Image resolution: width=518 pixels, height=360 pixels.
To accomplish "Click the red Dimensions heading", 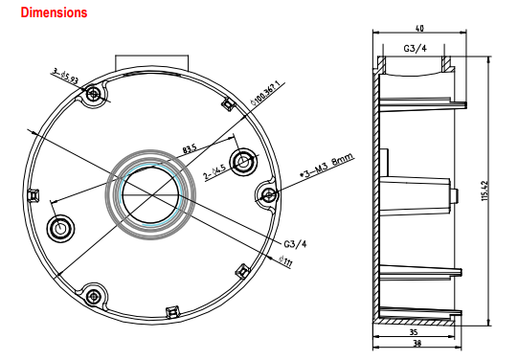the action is [54, 12].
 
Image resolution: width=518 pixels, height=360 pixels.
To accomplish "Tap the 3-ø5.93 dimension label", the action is [66, 76].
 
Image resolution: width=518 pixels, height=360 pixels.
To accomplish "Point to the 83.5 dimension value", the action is [190, 148].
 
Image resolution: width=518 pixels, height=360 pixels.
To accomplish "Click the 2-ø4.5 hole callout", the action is [214, 171].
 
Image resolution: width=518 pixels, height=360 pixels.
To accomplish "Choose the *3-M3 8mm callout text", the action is [327, 165].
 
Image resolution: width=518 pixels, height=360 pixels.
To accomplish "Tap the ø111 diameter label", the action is [285, 261].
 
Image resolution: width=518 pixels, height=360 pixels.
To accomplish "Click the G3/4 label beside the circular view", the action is [295, 244].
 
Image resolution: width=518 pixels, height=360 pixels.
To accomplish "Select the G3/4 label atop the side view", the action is [415, 49].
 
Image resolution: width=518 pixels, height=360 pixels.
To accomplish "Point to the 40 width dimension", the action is [419, 29].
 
